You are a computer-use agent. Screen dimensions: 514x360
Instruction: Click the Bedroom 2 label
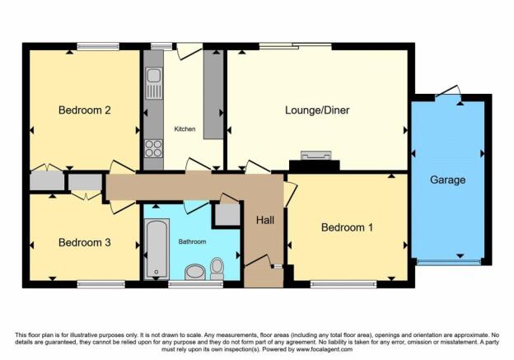click(x=84, y=110)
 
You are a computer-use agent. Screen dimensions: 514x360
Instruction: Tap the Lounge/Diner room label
click(x=317, y=110)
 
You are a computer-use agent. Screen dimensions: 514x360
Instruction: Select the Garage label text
click(x=447, y=180)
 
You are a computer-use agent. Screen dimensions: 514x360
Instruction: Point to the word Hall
click(x=265, y=220)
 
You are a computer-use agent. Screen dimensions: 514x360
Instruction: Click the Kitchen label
click(x=185, y=129)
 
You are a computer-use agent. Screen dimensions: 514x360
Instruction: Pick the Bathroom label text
click(x=192, y=242)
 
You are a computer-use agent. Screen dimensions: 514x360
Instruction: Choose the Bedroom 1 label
click(x=347, y=227)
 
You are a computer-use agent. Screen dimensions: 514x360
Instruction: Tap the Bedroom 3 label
click(x=84, y=243)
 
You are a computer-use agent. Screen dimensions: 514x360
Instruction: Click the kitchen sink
click(x=154, y=83)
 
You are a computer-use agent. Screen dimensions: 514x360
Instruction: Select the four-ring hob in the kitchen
click(x=153, y=148)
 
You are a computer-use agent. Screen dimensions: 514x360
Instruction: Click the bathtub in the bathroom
click(x=157, y=249)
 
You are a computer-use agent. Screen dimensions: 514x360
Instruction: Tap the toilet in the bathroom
click(x=217, y=269)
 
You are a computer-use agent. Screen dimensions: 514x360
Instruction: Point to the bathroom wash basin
click(x=195, y=272)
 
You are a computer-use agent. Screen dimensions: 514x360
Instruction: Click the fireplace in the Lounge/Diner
click(x=316, y=156)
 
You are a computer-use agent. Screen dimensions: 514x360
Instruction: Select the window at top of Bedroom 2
click(x=98, y=46)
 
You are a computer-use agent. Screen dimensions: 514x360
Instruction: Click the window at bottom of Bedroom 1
click(x=343, y=284)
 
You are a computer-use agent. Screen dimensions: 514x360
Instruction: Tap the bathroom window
click(x=196, y=284)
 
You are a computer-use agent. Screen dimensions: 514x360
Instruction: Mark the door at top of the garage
click(x=448, y=91)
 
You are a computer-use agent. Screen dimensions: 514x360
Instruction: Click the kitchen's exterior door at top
click(x=189, y=51)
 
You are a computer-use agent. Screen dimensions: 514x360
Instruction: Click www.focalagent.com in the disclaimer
click(x=325, y=349)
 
